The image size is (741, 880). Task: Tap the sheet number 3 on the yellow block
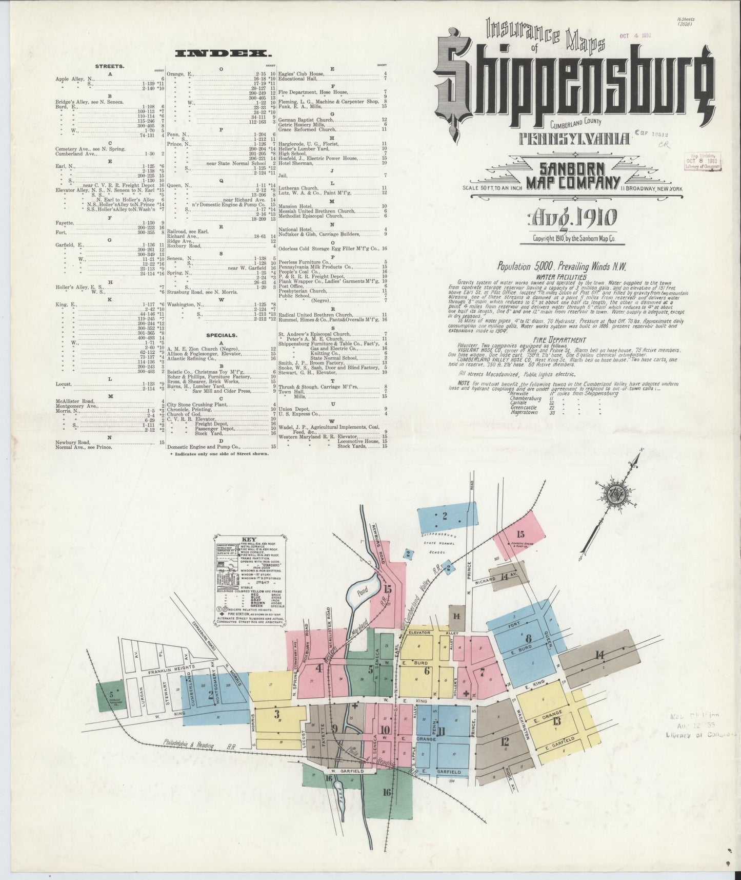(276, 714)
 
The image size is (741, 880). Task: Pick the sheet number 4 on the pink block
(319, 668)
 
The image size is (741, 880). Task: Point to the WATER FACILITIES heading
(563, 276)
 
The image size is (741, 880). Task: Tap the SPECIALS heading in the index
(221, 335)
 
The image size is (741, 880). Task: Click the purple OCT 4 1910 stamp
(635, 36)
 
